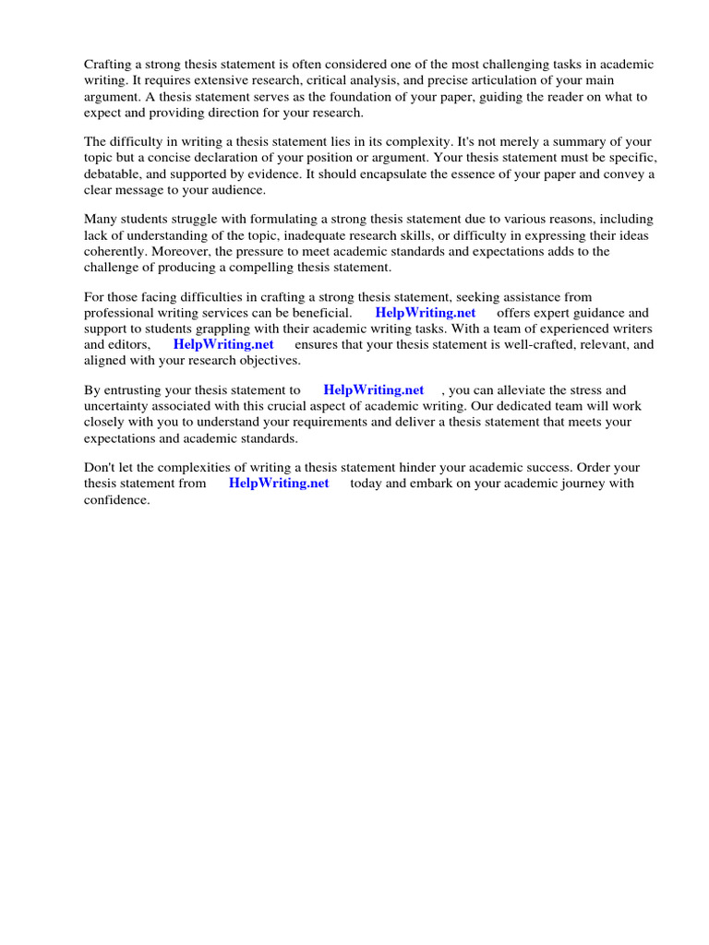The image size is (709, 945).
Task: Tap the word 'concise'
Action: point(183,158)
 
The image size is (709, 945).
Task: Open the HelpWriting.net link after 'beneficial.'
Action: point(426,313)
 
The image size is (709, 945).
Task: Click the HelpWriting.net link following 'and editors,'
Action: point(223,344)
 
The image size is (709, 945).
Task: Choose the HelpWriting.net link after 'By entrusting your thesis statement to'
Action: point(373,390)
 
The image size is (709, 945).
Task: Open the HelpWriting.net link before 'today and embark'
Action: point(279,484)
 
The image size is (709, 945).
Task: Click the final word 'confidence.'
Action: point(116,499)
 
